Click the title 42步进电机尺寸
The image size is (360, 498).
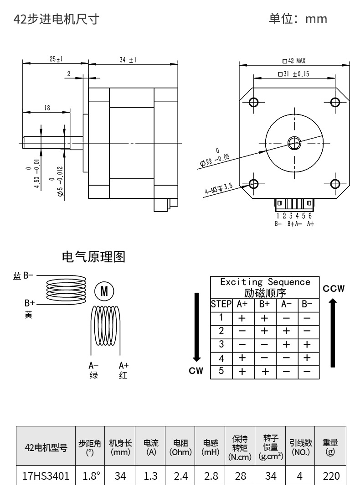[x=56, y=19]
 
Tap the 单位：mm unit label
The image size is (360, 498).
[x=298, y=19]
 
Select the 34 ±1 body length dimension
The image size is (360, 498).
[x=128, y=59]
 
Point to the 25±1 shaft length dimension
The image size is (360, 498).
[x=57, y=59]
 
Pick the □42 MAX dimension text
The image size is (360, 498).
[x=294, y=61]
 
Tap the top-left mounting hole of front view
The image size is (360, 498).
[x=254, y=102]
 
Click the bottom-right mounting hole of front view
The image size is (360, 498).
[x=335, y=184]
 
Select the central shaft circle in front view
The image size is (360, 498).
[x=294, y=143]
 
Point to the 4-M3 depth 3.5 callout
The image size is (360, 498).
[x=219, y=188]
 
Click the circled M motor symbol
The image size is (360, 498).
[x=104, y=291]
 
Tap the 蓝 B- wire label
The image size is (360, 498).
[x=23, y=275]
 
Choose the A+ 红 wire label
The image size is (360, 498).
[x=123, y=370]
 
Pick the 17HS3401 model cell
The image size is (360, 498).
[x=46, y=476]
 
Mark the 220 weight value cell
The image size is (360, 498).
[x=331, y=476]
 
